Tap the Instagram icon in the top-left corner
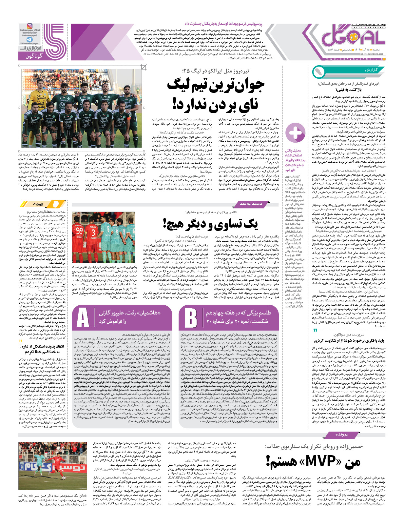29,26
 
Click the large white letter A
83,318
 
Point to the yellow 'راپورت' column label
38,204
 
